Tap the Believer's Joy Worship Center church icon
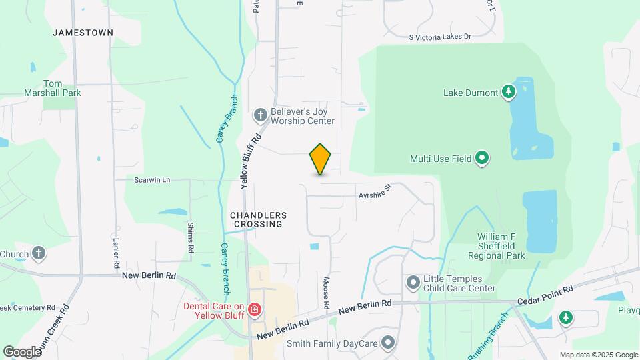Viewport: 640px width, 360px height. click(261, 116)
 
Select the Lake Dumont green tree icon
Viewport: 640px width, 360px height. click(509, 92)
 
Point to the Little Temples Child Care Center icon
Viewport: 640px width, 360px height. click(413, 283)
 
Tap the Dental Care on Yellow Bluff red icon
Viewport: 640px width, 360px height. click(253, 309)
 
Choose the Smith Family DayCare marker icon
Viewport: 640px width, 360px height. click(389, 344)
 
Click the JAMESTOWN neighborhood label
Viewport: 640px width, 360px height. click(83, 32)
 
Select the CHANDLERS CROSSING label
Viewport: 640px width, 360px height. click(258, 220)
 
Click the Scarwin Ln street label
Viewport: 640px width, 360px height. click(152, 180)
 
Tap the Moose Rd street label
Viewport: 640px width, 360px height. click(327, 293)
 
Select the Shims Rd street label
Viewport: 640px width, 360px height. click(191, 237)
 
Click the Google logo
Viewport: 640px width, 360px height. click(22, 351)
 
